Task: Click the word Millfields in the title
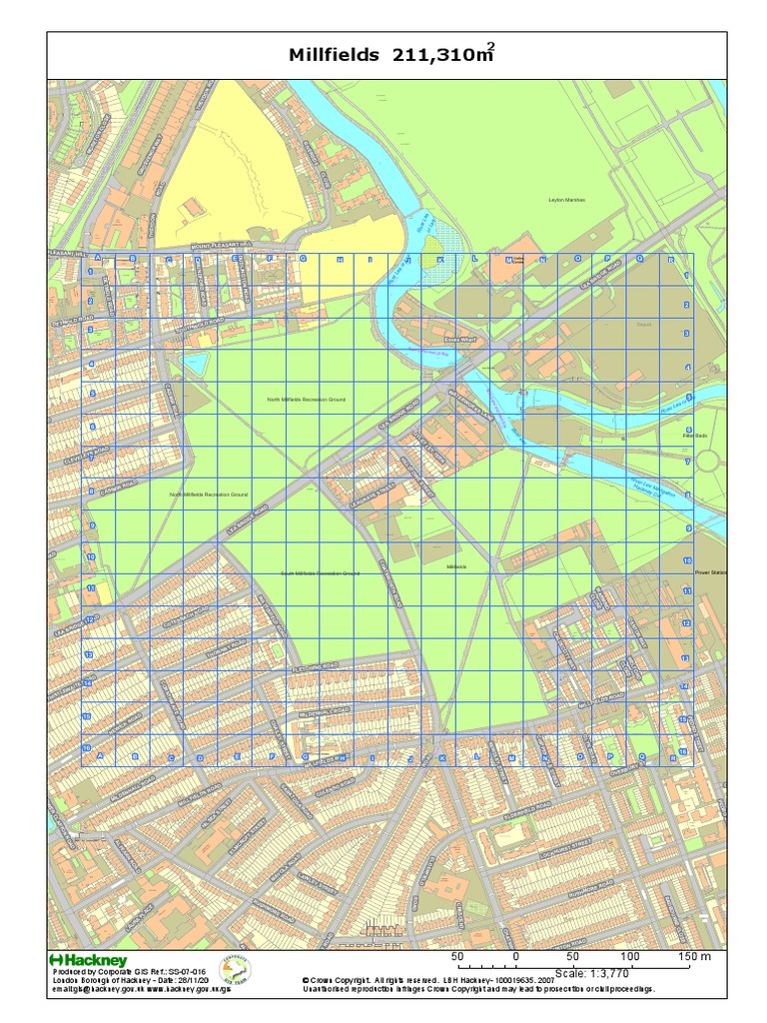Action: click(x=334, y=56)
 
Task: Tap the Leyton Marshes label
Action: click(x=566, y=200)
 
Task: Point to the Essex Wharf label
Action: click(x=460, y=340)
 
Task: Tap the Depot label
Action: click(x=643, y=324)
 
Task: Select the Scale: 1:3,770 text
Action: click(x=599, y=973)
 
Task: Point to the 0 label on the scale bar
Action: click(x=515, y=957)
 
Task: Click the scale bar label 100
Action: click(x=631, y=957)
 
